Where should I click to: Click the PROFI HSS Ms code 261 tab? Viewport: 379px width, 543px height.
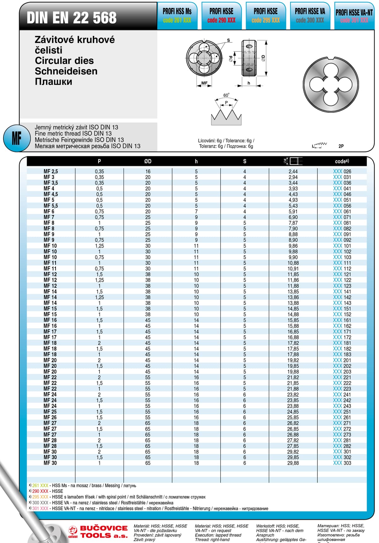click(177, 16)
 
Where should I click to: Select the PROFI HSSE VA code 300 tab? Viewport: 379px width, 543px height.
click(310, 16)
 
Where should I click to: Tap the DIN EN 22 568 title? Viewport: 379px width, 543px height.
click(72, 18)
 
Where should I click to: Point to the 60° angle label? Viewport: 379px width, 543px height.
click(226, 95)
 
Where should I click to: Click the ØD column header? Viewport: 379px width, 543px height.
click(148, 161)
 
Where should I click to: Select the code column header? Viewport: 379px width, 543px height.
click(342, 161)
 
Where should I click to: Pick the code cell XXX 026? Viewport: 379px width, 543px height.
click(342, 171)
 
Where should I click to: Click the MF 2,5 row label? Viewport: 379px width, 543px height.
click(51, 171)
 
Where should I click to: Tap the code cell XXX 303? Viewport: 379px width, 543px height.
click(342, 463)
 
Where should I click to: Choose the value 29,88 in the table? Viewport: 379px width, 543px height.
click(293, 463)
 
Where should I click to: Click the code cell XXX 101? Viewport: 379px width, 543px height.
click(342, 246)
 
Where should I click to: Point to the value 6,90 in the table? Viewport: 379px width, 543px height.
click(293, 217)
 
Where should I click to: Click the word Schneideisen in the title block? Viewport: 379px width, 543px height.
click(66, 71)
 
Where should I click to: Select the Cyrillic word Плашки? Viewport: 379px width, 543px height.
click(53, 82)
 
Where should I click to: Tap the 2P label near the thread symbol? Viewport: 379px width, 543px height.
click(341, 146)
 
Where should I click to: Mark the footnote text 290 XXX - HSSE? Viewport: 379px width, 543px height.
click(47, 491)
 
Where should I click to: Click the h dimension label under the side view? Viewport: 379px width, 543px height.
click(249, 83)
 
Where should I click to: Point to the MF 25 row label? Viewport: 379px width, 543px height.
click(50, 412)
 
